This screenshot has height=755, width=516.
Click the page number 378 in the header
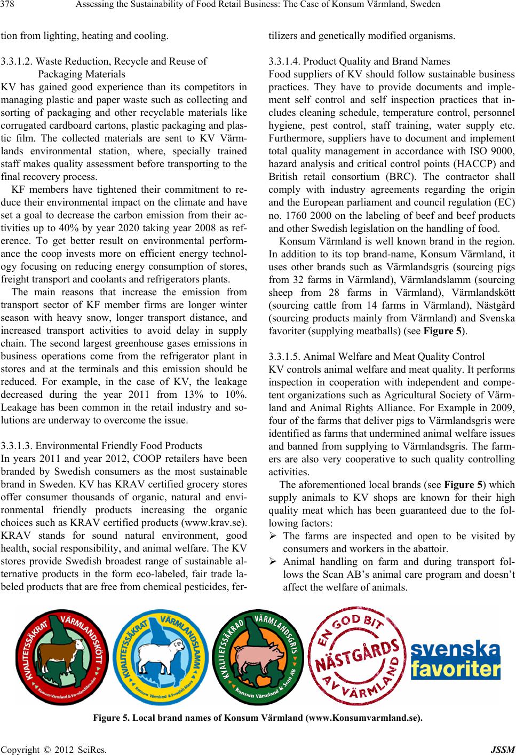coord(9,5)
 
